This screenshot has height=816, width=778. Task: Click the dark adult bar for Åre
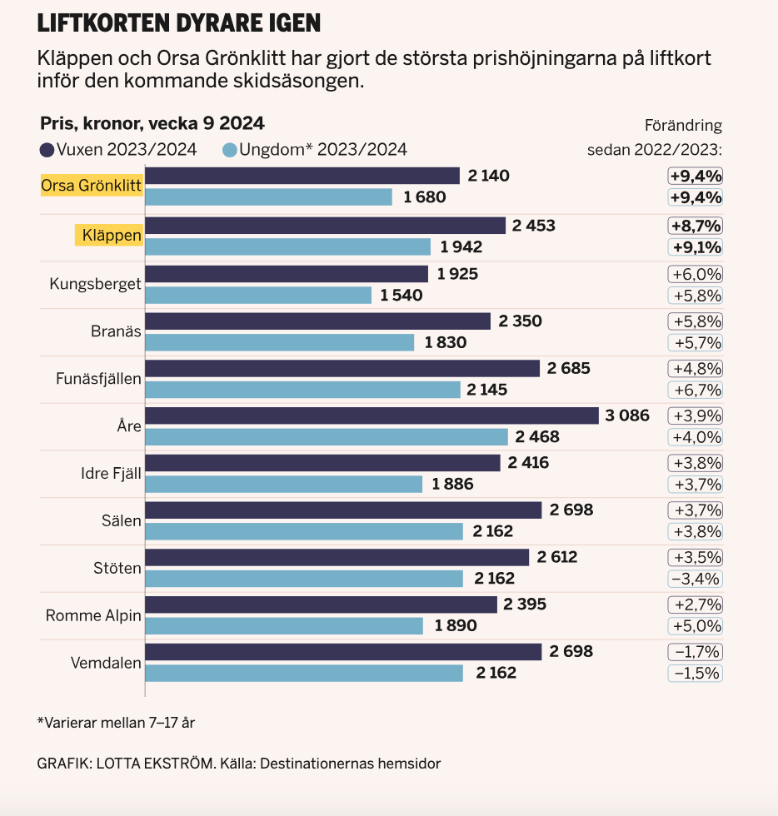[372, 415]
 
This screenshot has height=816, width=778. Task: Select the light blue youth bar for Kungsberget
[258, 295]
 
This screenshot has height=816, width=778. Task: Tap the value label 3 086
[627, 415]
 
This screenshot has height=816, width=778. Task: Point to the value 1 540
[401, 295]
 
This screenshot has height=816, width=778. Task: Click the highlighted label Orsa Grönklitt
[92, 185]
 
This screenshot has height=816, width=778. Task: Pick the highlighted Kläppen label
[109, 236]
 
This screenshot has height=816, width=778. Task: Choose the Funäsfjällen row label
[98, 378]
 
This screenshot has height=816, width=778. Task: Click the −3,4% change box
[695, 578]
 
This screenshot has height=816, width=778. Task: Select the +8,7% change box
[695, 226]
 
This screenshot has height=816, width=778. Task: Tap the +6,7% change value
[695, 390]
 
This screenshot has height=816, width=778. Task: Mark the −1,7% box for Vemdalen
[695, 651]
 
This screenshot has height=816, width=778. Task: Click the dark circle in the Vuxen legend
[47, 151]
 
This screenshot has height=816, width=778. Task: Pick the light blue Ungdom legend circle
[230, 151]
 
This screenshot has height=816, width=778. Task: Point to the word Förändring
[683, 126]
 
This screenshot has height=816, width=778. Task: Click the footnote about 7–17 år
[116, 722]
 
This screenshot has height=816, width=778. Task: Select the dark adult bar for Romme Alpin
[321, 604]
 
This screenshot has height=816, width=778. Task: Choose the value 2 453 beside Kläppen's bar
[534, 226]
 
